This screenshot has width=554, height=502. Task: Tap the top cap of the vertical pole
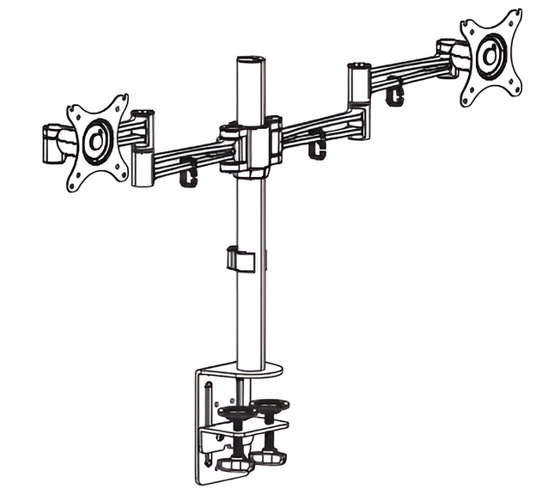tap(247, 62)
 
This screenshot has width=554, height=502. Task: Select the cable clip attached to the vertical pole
tap(241, 260)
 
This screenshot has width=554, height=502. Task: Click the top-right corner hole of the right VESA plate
tap(514, 16)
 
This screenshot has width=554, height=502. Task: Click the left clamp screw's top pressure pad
tap(235, 412)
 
